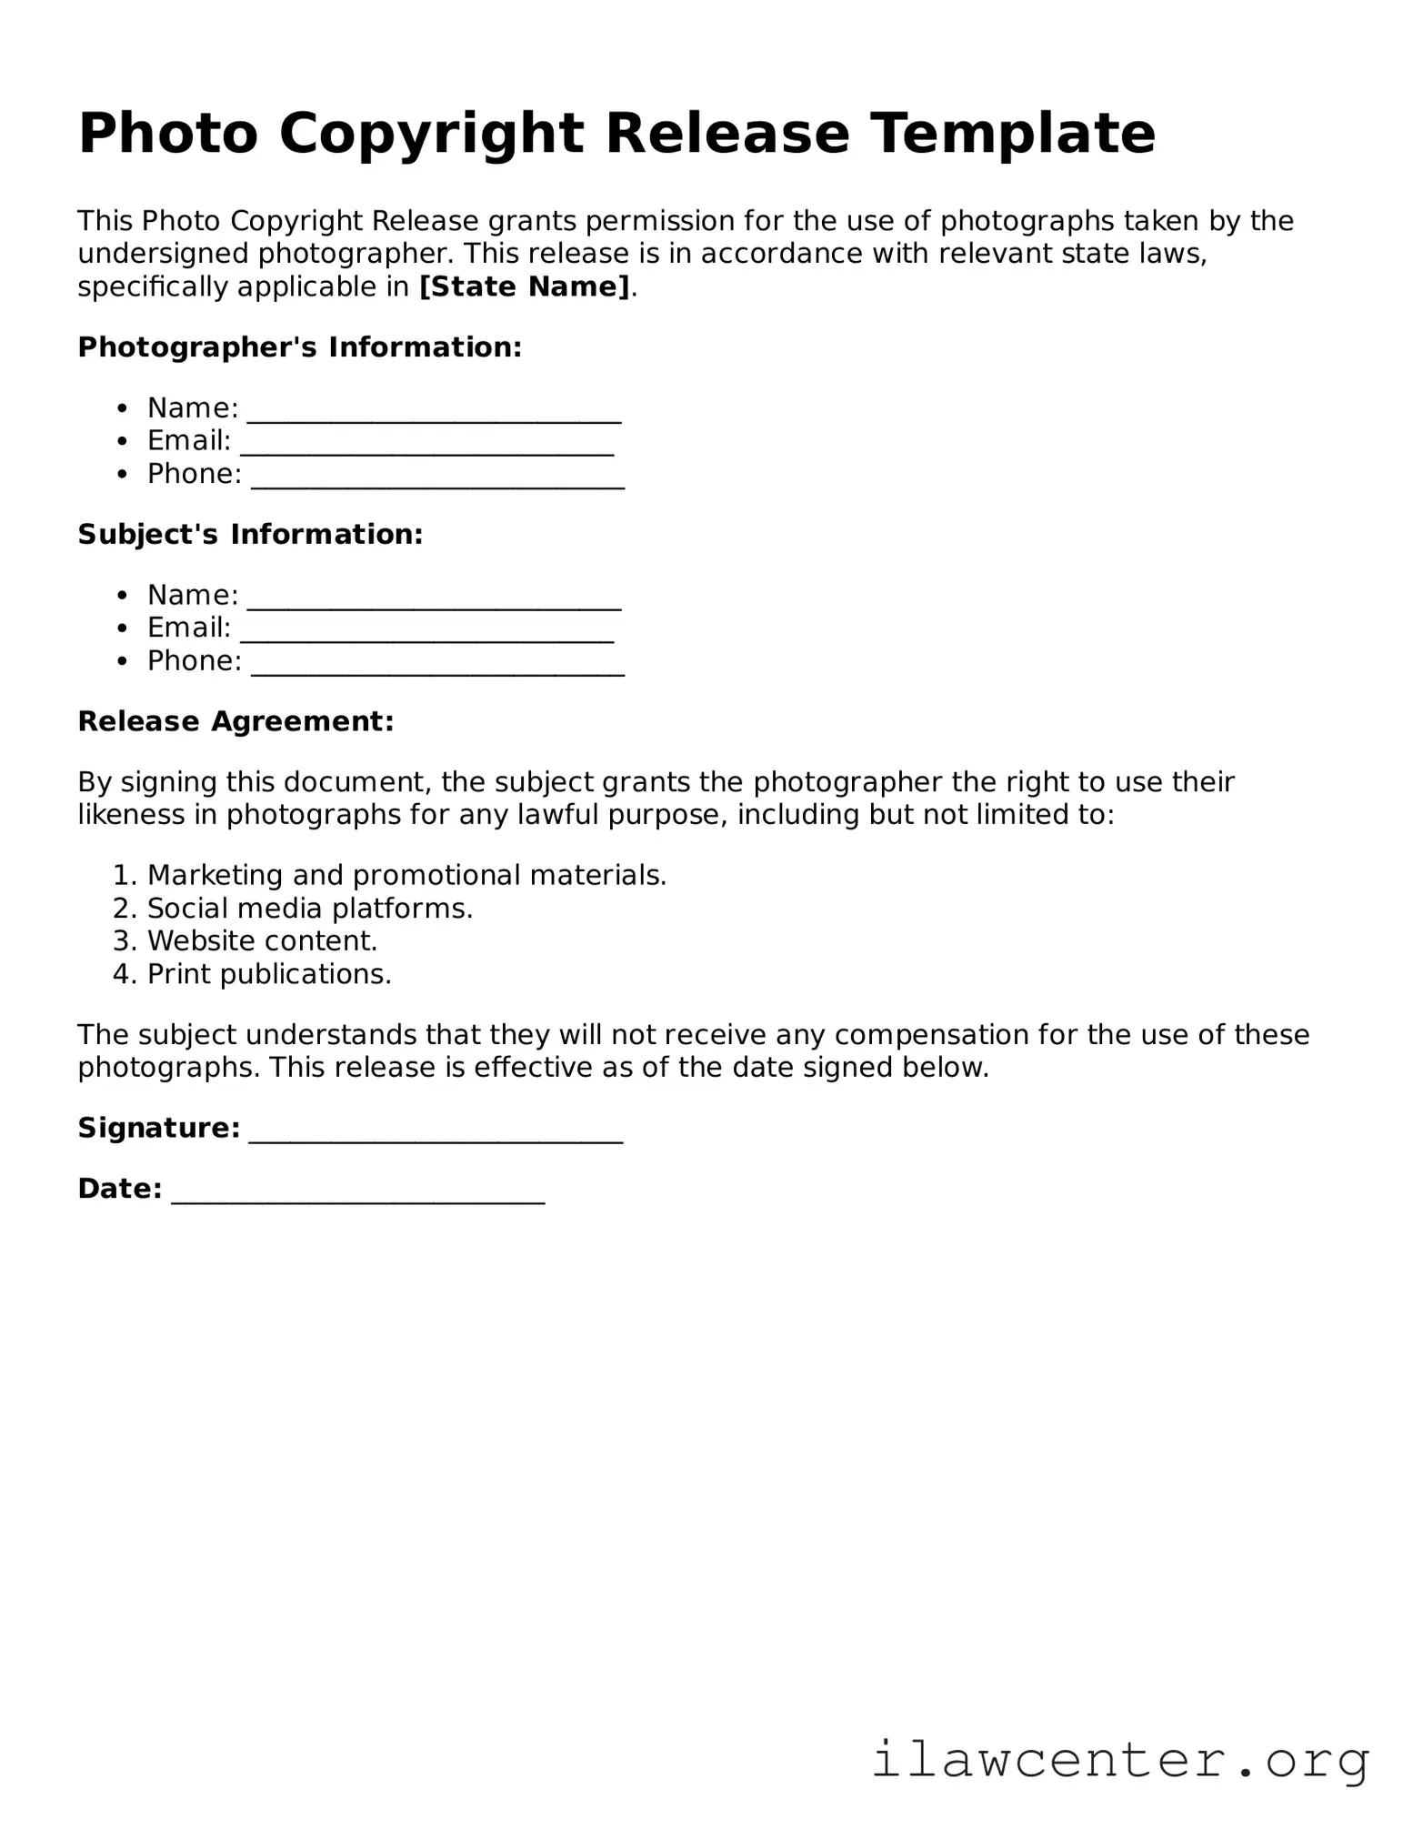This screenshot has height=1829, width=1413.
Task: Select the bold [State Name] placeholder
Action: [525, 287]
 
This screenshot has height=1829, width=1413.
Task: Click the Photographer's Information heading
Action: [300, 347]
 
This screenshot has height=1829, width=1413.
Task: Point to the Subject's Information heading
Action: [250, 534]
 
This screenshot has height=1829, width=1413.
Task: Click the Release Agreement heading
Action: [235, 721]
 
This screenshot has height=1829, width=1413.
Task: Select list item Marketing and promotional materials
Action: [406, 875]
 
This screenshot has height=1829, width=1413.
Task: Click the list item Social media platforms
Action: [310, 909]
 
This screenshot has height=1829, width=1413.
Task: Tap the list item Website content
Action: [262, 941]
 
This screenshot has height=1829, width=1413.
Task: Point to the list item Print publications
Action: [269, 975]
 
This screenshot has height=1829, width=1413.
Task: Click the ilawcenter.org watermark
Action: [1120, 1760]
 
